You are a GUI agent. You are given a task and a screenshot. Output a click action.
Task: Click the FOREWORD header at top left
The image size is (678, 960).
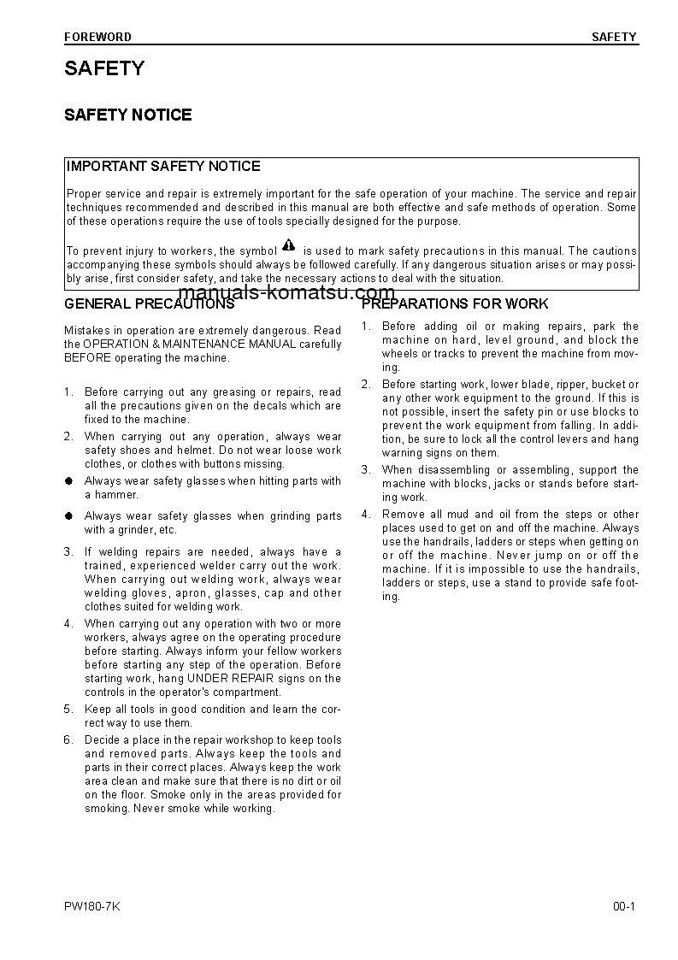[x=97, y=37]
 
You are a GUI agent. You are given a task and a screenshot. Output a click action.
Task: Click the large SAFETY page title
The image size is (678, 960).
[x=104, y=69]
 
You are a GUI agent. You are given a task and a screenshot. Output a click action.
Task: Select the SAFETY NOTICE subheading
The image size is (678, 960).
[x=128, y=115]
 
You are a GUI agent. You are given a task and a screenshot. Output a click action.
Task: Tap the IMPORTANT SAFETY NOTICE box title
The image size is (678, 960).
[x=163, y=167]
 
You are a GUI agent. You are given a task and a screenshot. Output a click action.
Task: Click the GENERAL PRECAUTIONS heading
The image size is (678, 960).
[x=149, y=304]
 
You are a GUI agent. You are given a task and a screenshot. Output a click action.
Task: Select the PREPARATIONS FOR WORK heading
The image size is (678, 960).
[x=455, y=304]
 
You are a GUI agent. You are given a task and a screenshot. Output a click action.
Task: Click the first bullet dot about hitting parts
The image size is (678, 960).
[x=68, y=481]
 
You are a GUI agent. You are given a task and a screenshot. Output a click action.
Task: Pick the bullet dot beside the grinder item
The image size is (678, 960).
[x=68, y=516]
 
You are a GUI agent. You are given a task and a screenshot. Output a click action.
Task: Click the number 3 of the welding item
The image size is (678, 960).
[x=68, y=552]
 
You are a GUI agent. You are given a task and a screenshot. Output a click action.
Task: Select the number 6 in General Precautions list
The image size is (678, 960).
[x=68, y=740]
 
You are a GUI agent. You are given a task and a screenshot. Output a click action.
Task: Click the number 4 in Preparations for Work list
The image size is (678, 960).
[x=365, y=515]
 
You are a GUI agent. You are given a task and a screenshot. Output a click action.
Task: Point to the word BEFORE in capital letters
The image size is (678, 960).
[x=85, y=358]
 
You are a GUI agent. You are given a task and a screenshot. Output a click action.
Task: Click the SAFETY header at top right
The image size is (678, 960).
[x=614, y=37]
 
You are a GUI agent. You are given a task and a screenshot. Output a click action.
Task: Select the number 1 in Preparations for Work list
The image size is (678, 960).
[x=365, y=327]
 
